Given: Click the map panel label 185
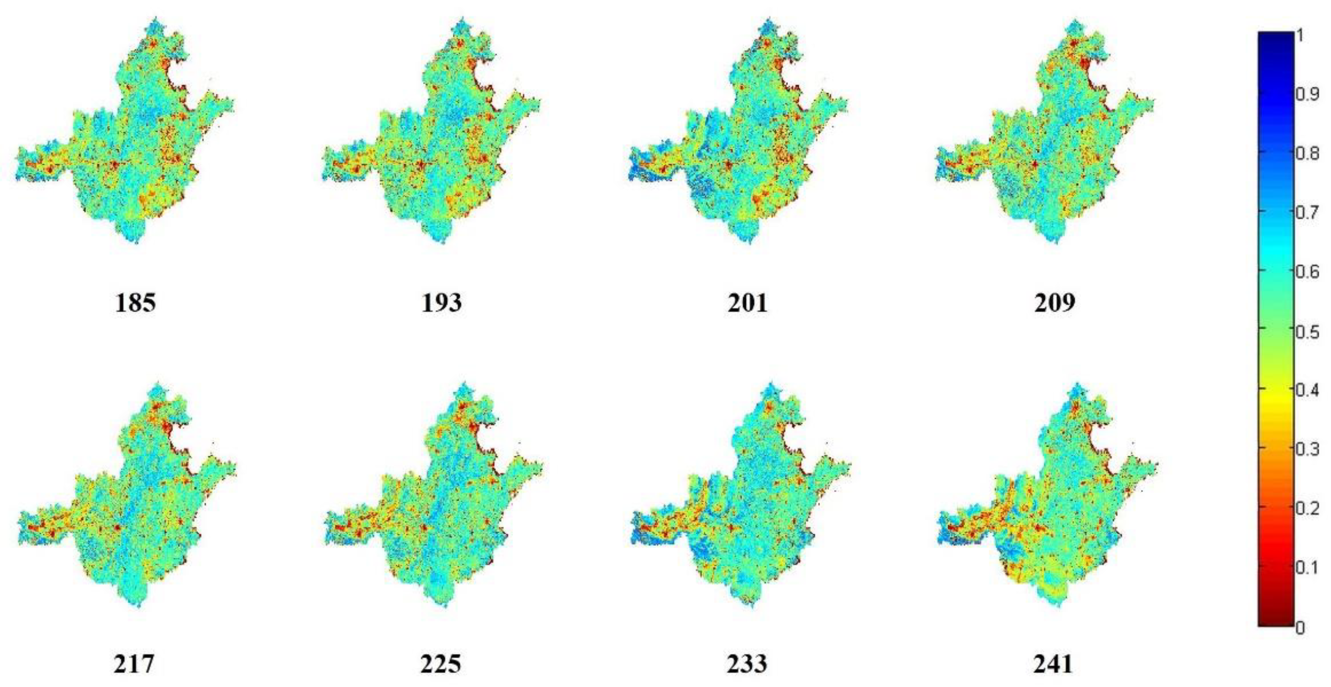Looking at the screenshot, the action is tap(135, 303).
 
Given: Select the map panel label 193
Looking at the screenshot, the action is tap(441, 303).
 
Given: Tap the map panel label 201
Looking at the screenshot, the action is tap(747, 303).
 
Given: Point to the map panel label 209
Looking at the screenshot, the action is tap(1054, 303).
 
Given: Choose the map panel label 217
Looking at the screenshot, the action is tap(135, 664).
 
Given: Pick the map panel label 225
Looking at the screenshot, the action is tap(441, 664).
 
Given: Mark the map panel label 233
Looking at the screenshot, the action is tap(747, 664).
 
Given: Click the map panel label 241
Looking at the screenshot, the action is tap(1053, 664).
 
